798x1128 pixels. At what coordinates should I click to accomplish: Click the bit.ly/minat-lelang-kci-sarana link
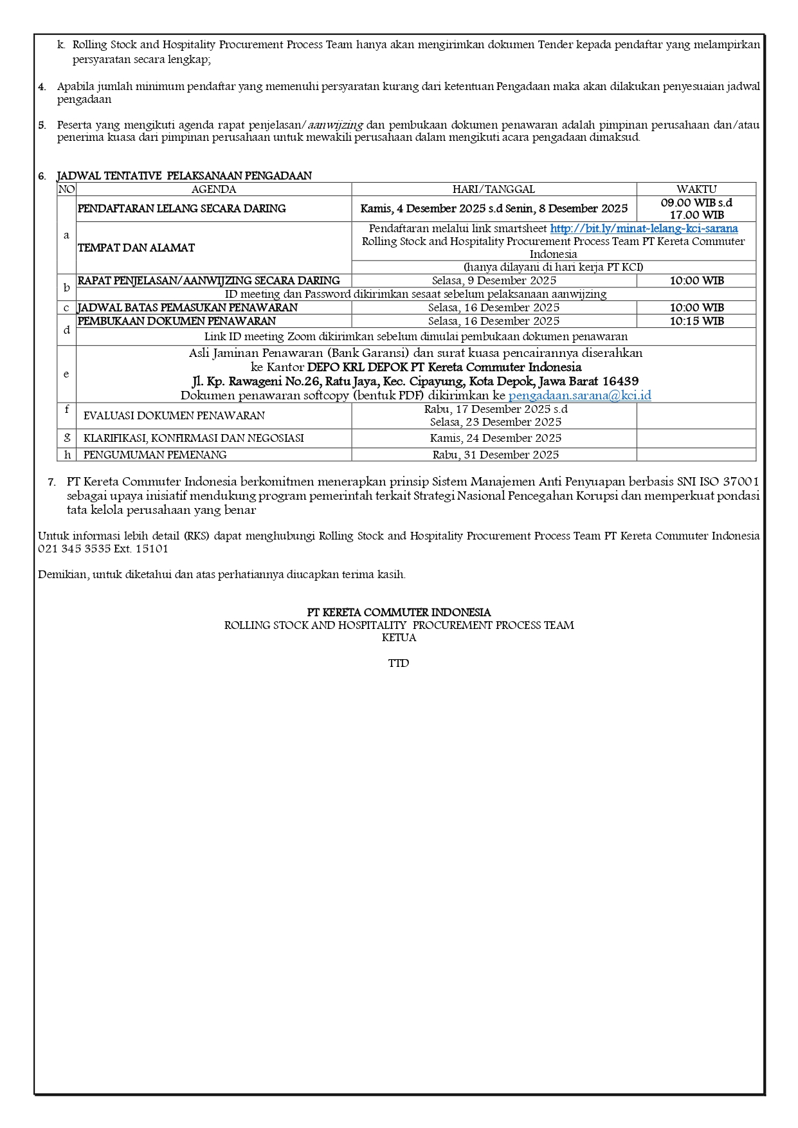[x=644, y=229]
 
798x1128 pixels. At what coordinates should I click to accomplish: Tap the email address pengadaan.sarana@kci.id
[x=579, y=396]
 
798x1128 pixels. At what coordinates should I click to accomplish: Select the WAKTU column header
[x=696, y=189]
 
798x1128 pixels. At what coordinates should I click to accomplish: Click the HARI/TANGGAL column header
[x=493, y=189]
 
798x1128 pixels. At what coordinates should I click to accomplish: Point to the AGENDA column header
[x=213, y=189]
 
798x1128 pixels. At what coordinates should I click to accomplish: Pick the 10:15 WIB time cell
[x=696, y=321]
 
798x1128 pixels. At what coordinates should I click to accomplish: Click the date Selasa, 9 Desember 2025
[x=494, y=280]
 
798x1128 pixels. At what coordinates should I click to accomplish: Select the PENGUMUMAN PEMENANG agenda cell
[x=155, y=455]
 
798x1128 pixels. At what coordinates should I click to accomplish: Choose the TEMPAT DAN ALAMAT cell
[x=136, y=248]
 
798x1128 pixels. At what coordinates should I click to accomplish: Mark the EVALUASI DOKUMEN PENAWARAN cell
[x=174, y=415]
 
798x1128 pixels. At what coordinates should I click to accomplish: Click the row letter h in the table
[x=67, y=455]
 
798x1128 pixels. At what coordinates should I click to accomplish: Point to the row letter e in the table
[x=66, y=374]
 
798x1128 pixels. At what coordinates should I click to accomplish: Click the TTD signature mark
[x=399, y=663]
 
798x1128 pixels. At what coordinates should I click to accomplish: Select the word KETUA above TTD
[x=399, y=637]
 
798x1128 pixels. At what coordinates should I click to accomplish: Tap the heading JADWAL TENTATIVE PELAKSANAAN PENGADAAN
[x=184, y=176]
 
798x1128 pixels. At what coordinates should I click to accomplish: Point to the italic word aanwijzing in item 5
[x=335, y=125]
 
